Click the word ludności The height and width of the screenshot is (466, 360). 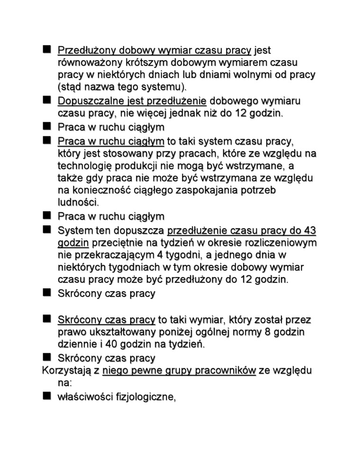(78, 203)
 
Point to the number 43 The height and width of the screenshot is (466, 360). (310, 231)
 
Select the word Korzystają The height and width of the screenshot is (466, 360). (68, 371)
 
